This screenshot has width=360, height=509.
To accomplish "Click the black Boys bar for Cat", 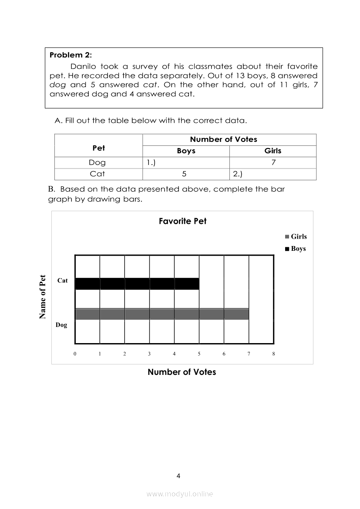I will (137, 283).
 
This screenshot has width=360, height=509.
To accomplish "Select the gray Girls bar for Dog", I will (162, 314).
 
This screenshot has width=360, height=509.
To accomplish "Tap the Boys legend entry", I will (296, 249).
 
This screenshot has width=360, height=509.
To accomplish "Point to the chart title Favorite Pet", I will (182, 221).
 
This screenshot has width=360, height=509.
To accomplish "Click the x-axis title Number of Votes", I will (182, 372).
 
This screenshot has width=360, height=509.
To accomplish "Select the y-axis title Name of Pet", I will (43, 297).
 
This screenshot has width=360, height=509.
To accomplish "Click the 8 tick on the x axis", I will (273, 354).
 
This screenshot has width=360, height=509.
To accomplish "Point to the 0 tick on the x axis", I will (75, 354).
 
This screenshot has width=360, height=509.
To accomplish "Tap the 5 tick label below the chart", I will (199, 354).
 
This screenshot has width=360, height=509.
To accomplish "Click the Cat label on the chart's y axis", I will (63, 281).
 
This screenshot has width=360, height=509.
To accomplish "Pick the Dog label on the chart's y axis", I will (61, 325).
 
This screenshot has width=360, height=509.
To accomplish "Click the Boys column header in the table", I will (186, 151).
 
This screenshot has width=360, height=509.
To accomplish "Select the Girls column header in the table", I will (273, 151).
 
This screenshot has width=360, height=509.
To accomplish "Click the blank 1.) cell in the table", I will (186, 163).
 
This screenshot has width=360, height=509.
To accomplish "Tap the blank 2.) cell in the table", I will (273, 174).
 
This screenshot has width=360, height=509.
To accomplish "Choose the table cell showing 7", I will (273, 163).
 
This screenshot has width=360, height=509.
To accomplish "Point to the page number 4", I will (178, 476).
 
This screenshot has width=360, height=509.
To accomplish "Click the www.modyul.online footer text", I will (180, 494).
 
